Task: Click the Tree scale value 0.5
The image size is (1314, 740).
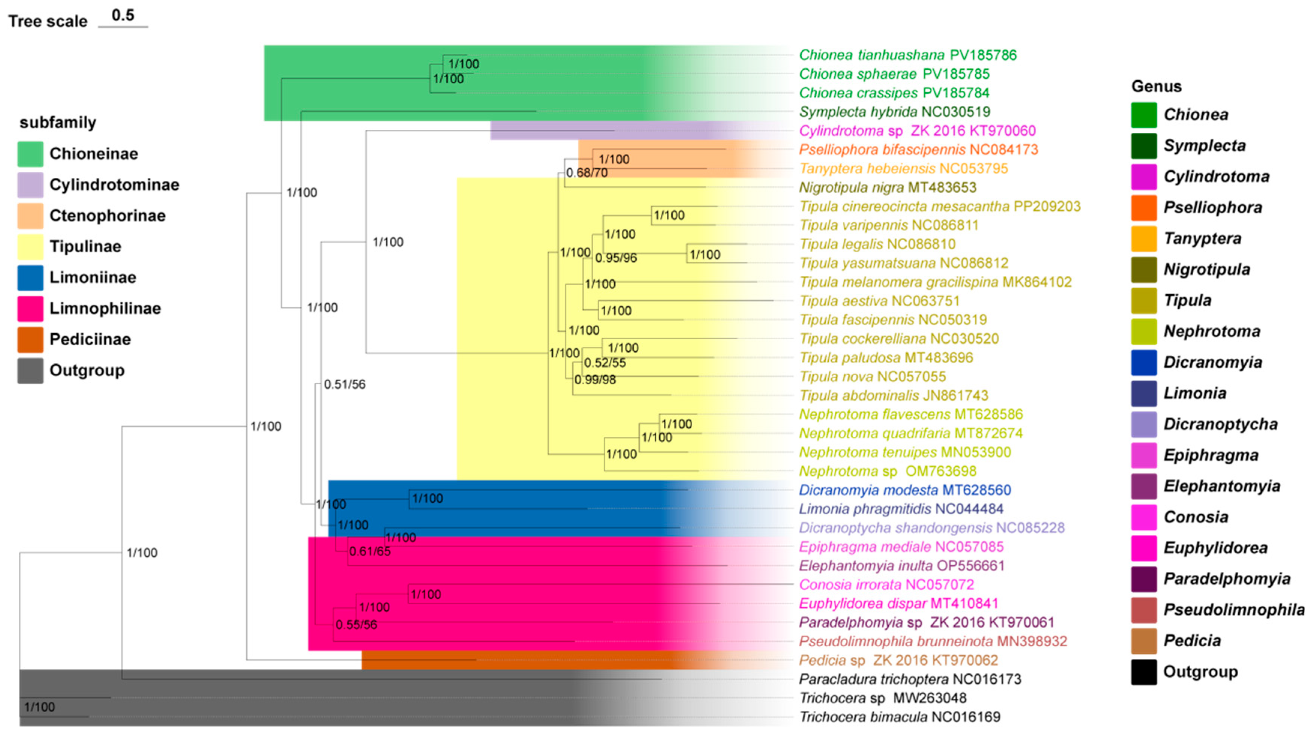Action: point(123,15)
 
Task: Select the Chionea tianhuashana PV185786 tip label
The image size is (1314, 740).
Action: point(907,55)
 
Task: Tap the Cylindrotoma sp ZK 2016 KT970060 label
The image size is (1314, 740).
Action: point(917,131)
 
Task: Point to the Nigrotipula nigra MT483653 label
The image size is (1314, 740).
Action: point(887,187)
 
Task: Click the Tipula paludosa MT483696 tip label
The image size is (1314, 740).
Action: point(886,358)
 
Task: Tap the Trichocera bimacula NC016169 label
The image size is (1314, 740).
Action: point(899,717)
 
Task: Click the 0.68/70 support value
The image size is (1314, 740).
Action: point(587,173)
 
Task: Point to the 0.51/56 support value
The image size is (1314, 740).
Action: point(345,384)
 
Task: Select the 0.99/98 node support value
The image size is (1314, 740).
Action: point(595,380)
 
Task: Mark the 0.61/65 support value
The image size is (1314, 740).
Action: point(370,552)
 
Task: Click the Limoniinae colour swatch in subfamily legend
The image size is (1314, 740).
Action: point(30,278)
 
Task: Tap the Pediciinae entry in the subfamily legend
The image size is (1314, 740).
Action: point(90,339)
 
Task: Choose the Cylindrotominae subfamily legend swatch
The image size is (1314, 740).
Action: point(30,185)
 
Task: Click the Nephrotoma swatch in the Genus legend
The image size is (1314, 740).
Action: point(1143,332)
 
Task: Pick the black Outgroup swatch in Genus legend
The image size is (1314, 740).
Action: point(1143,672)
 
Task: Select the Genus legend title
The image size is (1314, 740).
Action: point(1156,86)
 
